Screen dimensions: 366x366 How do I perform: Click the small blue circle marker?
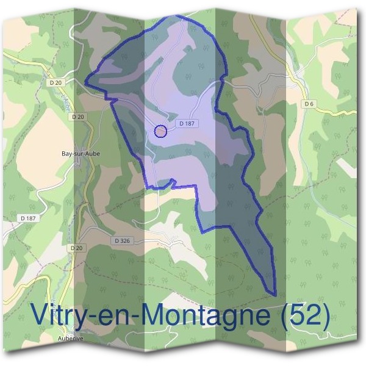[x=160, y=131]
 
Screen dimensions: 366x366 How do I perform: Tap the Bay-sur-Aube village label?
[x=81, y=154]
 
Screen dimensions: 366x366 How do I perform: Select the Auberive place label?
[x=70, y=337]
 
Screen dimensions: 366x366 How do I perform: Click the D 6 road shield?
[x=309, y=104]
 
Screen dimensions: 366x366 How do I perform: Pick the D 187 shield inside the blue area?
[x=187, y=123]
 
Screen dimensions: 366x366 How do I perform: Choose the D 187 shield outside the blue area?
[x=28, y=218]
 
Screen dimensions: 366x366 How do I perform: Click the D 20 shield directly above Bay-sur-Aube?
[x=77, y=117]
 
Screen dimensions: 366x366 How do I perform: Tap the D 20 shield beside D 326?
[x=76, y=248]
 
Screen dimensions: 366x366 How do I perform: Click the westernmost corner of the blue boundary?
[x=85, y=78]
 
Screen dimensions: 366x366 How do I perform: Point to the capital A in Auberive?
[x=60, y=337]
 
